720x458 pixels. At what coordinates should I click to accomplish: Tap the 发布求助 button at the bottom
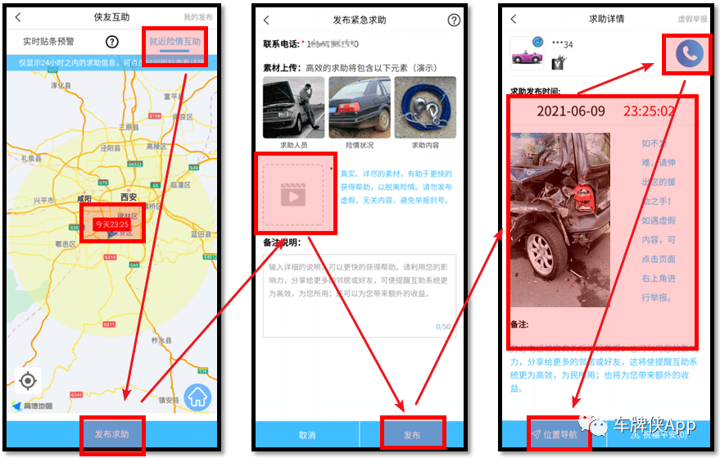click(x=111, y=434)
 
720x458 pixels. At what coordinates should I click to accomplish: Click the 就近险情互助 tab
click(x=174, y=41)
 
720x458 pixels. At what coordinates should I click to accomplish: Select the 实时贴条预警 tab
click(x=48, y=42)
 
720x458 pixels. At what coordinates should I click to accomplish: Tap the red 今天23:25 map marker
click(x=111, y=224)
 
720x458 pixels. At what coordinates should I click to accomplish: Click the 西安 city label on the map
click(x=129, y=197)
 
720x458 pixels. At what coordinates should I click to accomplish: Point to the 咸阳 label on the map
click(x=84, y=197)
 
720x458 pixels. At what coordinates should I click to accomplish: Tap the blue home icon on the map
click(x=198, y=397)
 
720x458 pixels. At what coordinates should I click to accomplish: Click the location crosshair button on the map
click(x=29, y=381)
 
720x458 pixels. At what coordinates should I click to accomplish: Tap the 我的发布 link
click(x=197, y=17)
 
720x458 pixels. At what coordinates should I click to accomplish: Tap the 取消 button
click(x=307, y=435)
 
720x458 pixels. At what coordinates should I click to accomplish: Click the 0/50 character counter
click(x=443, y=327)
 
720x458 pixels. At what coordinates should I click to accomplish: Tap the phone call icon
click(x=690, y=54)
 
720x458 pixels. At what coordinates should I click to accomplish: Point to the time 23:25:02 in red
click(x=649, y=111)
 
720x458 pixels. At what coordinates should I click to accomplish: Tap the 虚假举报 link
click(x=692, y=18)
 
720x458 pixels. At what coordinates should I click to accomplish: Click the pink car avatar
click(x=527, y=55)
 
